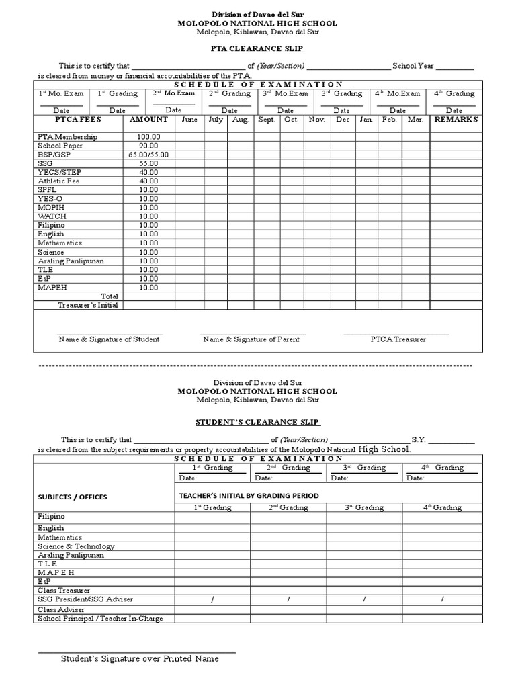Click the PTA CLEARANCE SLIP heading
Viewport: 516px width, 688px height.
[257, 49]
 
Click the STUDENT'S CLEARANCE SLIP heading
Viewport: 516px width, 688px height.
[257, 422]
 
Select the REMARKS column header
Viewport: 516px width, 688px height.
[456, 119]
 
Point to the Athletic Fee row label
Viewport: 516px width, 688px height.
[58, 181]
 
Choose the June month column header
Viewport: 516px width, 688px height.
[189, 120]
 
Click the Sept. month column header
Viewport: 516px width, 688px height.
[267, 120]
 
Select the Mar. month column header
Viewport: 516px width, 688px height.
[415, 120]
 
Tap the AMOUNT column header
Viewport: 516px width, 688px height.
[148, 119]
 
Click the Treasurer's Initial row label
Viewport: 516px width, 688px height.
[87, 305]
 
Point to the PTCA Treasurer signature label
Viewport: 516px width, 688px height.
[398, 339]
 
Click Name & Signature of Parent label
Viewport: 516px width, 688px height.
[253, 339]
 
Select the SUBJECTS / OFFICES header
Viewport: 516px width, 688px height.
[73, 497]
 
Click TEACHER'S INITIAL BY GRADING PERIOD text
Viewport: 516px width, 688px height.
[249, 495]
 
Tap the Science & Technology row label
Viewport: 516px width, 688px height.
[76, 547]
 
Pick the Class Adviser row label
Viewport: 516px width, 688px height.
[61, 609]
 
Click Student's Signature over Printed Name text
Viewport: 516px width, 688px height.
[140, 659]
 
